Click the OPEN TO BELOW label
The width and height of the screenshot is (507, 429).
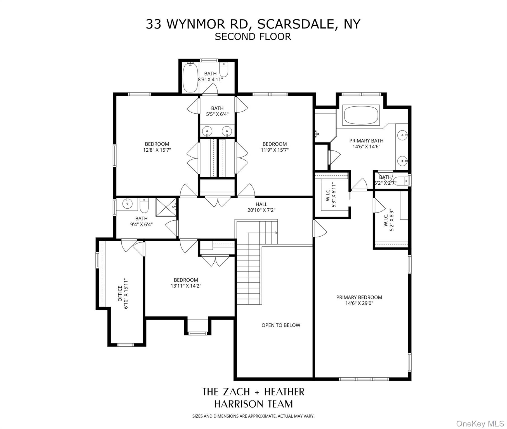(281, 325)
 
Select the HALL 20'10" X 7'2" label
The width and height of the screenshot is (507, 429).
(261, 207)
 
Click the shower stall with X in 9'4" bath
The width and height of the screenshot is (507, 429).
(166, 207)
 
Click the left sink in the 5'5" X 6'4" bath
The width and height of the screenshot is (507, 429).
(207, 131)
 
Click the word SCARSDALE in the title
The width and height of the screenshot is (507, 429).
(295, 24)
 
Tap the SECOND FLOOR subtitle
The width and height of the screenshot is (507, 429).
(253, 37)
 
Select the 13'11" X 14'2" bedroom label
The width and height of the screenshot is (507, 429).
(186, 283)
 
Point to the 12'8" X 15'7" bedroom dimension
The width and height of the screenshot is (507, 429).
(157, 150)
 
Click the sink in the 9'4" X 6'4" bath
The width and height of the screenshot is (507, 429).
(128, 203)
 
